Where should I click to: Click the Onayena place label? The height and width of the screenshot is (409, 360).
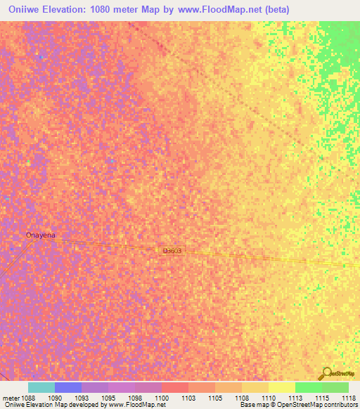[x=40, y=235]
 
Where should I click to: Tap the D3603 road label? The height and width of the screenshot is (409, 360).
[x=173, y=250]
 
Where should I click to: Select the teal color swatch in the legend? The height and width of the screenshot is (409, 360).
[x=41, y=387]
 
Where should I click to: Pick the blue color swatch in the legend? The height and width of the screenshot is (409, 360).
[x=68, y=387]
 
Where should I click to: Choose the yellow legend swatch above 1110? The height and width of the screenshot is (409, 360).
[x=281, y=387]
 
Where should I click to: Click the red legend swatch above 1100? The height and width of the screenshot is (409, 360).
[x=174, y=387]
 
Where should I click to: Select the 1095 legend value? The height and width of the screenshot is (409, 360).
[x=108, y=397]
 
